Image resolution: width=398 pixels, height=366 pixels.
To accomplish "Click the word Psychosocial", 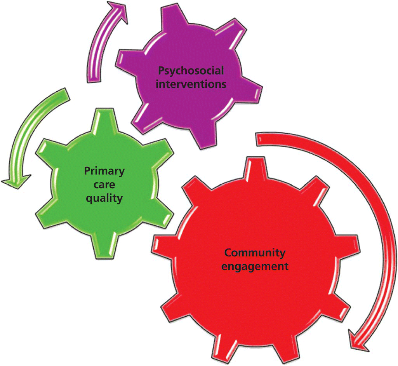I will pyautogui.click(x=191, y=71).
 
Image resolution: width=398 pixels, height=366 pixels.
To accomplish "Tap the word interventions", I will pyautogui.click(x=191, y=84).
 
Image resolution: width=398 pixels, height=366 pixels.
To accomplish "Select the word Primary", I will pyautogui.click(x=104, y=171).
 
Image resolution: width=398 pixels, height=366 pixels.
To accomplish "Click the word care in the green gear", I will pyautogui.click(x=104, y=185).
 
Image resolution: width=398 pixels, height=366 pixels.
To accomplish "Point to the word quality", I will pyautogui.click(x=104, y=198).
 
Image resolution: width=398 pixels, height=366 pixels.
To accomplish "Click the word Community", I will pyautogui.click(x=255, y=253).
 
